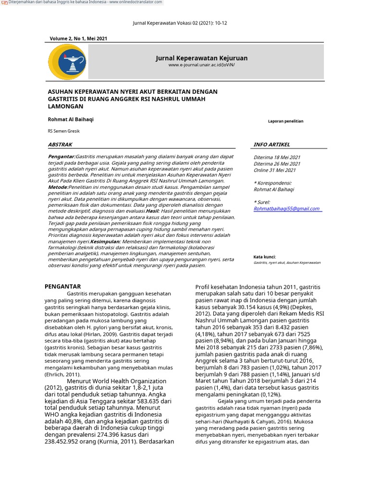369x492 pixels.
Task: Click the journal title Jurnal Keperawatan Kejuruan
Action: point(202,58)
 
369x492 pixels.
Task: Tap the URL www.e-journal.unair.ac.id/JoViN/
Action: point(202,65)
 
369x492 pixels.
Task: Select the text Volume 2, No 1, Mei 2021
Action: point(78,38)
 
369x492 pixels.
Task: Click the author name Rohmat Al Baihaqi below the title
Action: point(71,119)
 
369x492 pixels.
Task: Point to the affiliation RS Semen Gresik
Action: point(63,131)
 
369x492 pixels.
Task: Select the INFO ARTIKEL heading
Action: point(272,144)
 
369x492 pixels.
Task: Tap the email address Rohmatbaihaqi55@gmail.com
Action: point(287,209)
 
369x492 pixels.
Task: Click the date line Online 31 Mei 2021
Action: point(274,170)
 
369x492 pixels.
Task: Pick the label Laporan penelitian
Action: point(285,122)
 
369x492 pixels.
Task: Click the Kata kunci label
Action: point(265,257)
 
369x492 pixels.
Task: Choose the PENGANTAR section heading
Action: point(62,286)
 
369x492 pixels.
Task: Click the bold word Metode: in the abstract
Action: point(58,186)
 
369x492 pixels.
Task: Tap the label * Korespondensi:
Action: point(272,183)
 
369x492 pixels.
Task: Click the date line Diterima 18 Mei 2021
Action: point(277,157)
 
